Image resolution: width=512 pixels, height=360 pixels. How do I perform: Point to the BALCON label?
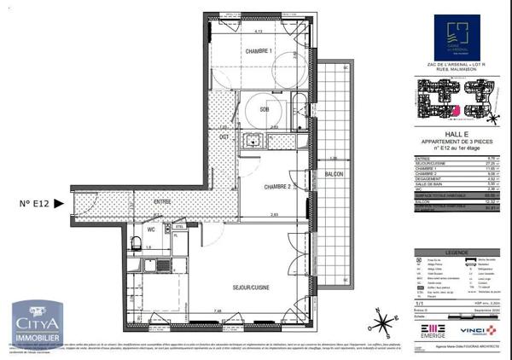point(334,174)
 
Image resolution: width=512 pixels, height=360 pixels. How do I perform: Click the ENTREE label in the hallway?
point(162,201)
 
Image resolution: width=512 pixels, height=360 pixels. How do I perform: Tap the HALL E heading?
point(457,133)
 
